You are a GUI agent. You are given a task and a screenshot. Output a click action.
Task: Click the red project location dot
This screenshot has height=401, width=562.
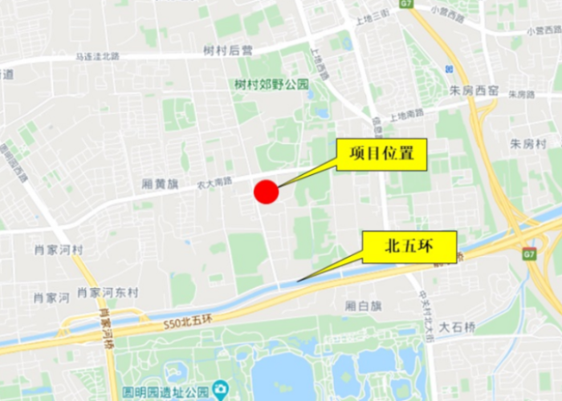coord(266,192)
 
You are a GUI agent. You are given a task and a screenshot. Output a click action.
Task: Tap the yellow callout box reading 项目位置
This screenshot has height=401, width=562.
coord(381,154)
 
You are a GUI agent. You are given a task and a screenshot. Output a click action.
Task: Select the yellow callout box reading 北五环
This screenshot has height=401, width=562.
coord(409,247)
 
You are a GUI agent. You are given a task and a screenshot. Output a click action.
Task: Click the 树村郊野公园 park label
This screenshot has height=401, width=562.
coord(271,83)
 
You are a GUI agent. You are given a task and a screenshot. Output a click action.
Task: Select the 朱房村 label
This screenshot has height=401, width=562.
coord(528,144)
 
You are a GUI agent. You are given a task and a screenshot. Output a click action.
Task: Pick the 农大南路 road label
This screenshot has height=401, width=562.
coord(214,184)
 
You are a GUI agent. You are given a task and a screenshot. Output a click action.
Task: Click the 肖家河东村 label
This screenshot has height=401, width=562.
coord(108,293)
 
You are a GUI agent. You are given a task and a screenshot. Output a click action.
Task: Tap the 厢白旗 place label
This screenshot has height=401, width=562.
coord(363,306)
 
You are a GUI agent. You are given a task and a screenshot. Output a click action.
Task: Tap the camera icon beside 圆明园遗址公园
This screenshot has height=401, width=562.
coord(220,391)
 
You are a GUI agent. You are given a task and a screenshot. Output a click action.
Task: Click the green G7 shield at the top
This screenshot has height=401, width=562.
coord(405,4)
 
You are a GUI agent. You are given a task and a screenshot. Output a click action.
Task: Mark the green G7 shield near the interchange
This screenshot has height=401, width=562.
coord(528,254)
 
